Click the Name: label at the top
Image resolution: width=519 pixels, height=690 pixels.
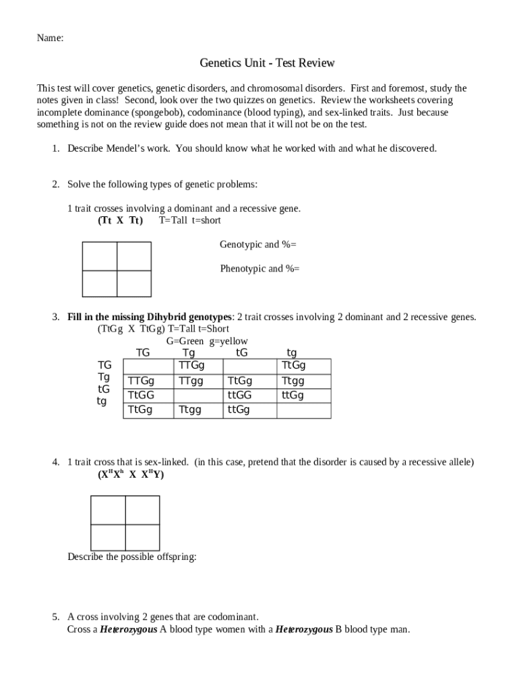50,38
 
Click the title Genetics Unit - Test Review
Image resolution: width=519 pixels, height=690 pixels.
267,63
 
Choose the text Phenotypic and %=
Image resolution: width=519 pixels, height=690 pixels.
259,269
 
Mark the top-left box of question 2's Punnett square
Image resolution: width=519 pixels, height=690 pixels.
99,255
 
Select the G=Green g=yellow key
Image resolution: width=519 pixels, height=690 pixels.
207,342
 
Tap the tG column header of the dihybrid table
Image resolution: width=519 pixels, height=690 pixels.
241,352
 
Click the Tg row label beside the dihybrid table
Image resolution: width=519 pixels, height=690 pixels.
104,377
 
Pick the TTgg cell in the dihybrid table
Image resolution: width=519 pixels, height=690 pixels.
191,381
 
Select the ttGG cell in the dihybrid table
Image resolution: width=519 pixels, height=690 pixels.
239,396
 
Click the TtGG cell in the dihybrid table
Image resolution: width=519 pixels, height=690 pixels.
141,396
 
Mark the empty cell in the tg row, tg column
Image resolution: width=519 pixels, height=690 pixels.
304,410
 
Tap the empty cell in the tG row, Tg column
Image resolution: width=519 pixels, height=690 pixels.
198,396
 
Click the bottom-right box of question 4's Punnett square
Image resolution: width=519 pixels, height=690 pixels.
142,537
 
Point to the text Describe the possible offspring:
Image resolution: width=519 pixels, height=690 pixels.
132,557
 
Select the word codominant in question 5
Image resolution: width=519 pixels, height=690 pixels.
233,617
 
